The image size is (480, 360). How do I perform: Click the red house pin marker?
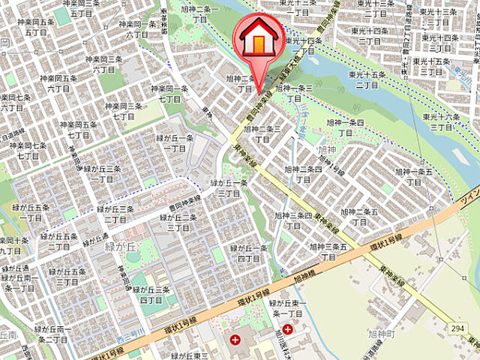[257, 42]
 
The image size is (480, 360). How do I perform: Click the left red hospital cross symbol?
[235, 340]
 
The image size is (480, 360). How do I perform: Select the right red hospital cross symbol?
[287, 329]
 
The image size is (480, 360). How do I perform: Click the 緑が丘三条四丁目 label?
[154, 295]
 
